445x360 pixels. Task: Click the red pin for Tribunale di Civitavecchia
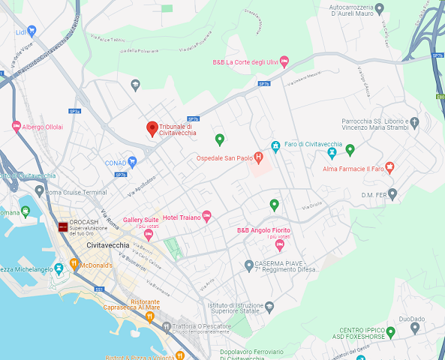[x=152, y=129]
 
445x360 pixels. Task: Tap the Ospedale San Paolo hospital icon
[x=258, y=157]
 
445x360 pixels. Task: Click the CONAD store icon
[x=132, y=161]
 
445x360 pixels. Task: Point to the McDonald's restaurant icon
[x=74, y=265]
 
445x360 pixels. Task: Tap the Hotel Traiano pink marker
[x=207, y=217]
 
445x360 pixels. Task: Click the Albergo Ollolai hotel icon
[x=16, y=127]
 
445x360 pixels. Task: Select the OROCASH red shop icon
[x=62, y=226]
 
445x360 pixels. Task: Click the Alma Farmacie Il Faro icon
[x=389, y=166]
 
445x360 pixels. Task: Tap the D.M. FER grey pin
[x=392, y=195]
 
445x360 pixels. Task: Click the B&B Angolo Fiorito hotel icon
[x=280, y=244]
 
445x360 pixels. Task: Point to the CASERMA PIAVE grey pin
[x=249, y=265]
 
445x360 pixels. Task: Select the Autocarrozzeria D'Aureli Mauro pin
[x=379, y=9]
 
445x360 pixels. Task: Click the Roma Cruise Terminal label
[x=76, y=193]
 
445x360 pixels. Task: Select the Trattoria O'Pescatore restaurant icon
[x=149, y=316]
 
